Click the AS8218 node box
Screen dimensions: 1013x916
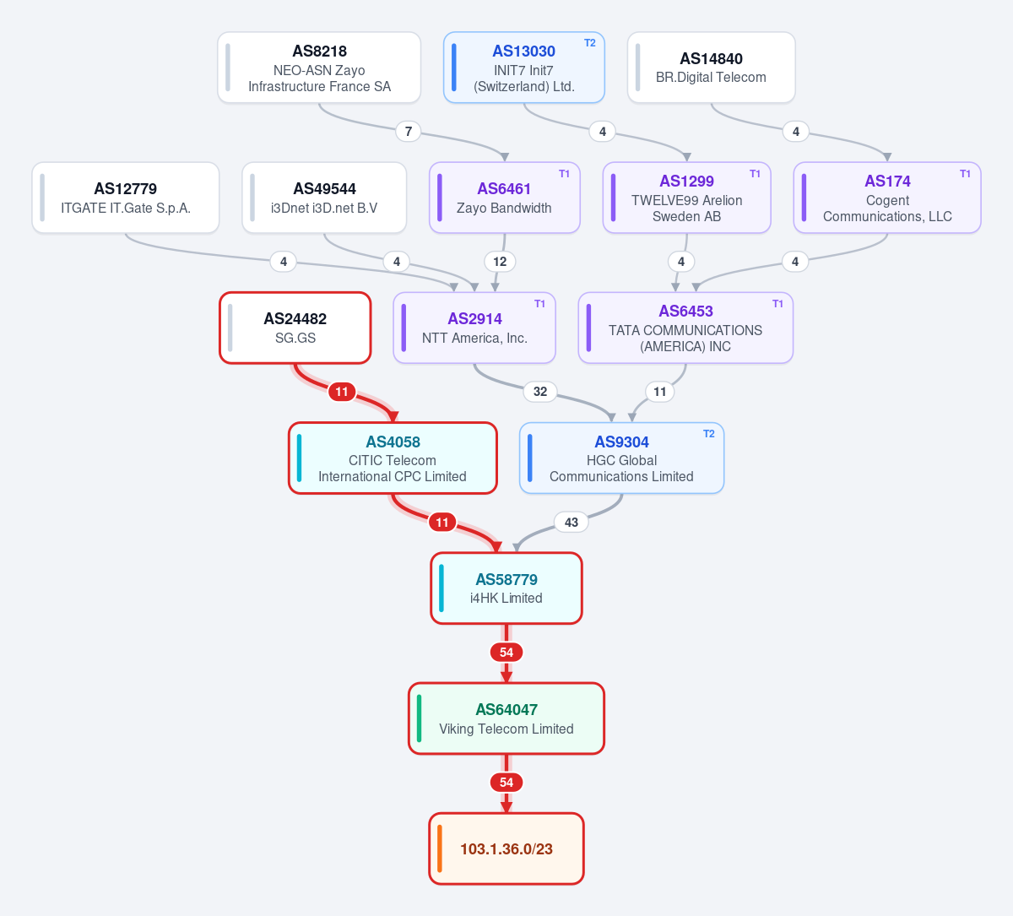(x=319, y=68)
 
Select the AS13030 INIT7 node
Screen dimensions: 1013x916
(x=523, y=68)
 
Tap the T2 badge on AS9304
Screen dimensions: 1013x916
(x=708, y=434)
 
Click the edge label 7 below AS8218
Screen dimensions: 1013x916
(x=408, y=132)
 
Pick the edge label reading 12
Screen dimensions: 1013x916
(x=500, y=262)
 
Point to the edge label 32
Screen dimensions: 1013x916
(x=539, y=392)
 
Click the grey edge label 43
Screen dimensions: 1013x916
(x=572, y=522)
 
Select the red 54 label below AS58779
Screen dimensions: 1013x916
(x=506, y=653)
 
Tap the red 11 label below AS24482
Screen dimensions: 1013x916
(x=341, y=392)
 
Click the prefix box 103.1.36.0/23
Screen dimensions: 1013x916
(x=506, y=848)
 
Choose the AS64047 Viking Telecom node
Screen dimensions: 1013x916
(x=506, y=718)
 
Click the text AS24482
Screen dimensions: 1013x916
(x=295, y=319)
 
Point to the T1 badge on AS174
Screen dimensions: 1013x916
(x=965, y=174)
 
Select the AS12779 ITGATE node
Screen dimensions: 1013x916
(x=125, y=198)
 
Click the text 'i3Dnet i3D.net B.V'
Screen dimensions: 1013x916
(x=323, y=209)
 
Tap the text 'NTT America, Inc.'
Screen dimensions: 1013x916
(x=474, y=338)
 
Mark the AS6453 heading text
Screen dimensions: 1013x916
(x=685, y=312)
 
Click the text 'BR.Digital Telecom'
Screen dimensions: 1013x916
(x=711, y=78)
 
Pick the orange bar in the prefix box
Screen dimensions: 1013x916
(x=439, y=848)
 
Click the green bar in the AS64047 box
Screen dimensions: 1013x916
(x=419, y=718)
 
